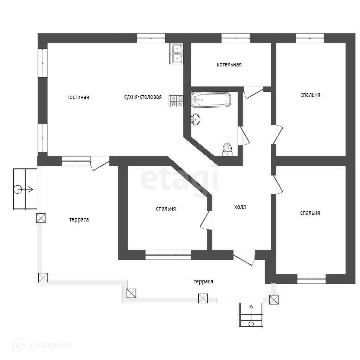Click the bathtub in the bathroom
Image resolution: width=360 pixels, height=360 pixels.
[x=211, y=100]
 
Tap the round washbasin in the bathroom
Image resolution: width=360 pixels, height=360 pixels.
[x=195, y=119]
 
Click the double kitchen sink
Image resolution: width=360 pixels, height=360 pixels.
[x=177, y=53]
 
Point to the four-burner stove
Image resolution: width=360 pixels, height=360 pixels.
[x=176, y=101]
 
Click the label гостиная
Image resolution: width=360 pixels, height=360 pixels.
[x=78, y=97]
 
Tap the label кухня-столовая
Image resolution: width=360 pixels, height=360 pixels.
[x=142, y=97]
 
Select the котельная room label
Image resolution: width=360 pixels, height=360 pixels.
[x=229, y=65]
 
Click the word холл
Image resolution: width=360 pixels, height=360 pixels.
[x=240, y=207]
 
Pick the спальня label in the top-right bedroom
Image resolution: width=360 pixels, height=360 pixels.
[x=310, y=95]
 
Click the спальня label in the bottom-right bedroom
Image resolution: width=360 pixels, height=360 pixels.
[x=310, y=213]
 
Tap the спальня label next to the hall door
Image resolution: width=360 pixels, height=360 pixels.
[x=166, y=208]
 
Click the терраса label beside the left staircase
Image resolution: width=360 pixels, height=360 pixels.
[x=79, y=219]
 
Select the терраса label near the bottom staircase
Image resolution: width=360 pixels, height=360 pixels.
[x=203, y=281]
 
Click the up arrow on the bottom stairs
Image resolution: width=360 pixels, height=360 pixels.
[x=251, y=311]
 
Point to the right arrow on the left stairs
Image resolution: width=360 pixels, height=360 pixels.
[x=28, y=189]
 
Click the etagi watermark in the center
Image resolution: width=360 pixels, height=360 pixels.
[x=179, y=180]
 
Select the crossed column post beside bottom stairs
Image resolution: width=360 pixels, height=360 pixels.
[x=274, y=300]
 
